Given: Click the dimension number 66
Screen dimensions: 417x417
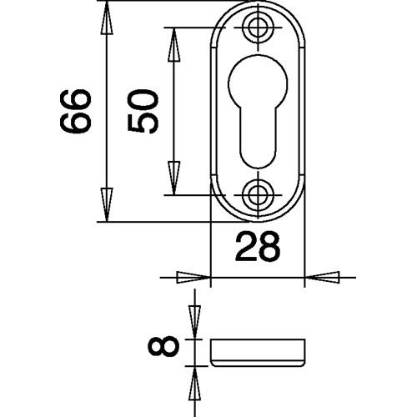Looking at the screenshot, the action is (x=75, y=111).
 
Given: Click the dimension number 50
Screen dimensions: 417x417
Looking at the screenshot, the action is (x=143, y=111).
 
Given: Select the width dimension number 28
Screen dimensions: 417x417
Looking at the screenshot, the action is (x=258, y=248).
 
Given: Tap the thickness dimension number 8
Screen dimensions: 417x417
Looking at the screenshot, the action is (x=163, y=346).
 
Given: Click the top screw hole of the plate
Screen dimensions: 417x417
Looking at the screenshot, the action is (x=258, y=28).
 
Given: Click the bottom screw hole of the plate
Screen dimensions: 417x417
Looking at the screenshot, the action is (x=258, y=195).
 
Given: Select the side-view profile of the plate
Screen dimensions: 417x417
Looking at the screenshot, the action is (x=258, y=353).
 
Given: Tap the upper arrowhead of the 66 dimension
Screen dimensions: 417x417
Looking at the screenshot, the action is (x=107, y=18).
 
